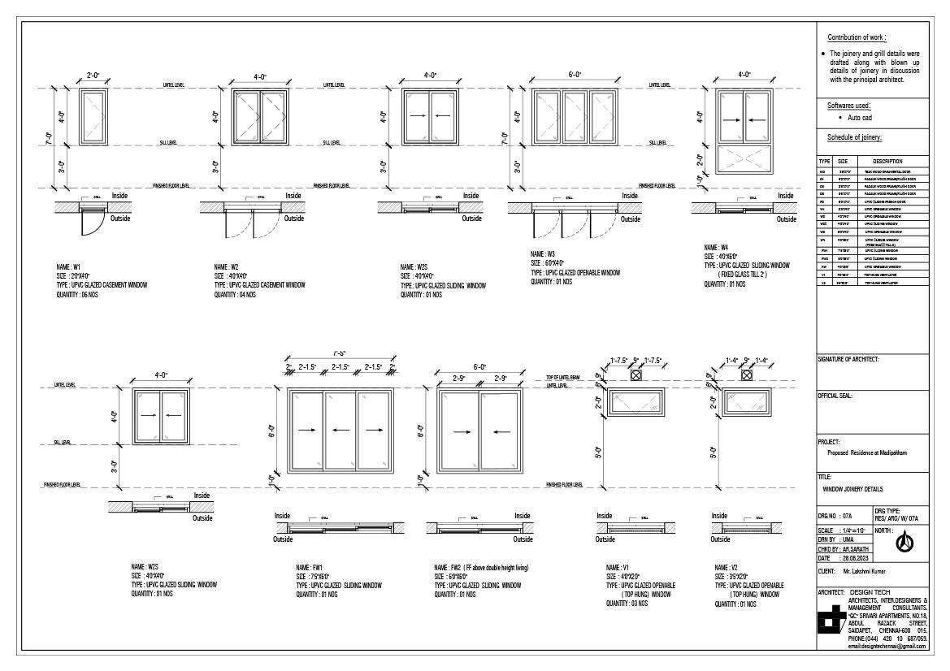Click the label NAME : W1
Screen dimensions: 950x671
(67, 266)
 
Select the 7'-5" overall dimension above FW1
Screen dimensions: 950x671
(340, 354)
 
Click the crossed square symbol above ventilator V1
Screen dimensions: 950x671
(636, 375)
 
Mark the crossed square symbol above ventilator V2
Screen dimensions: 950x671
(747, 375)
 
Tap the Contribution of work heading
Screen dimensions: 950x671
(857, 38)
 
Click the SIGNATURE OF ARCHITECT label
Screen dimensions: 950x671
(848, 359)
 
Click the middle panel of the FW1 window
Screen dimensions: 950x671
(341, 430)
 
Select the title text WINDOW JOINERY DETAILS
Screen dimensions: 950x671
(852, 490)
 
